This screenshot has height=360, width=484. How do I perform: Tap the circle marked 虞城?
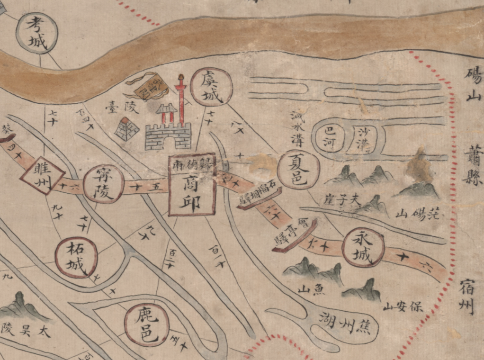pos(211,87)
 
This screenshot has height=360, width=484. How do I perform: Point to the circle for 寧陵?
pos(103,184)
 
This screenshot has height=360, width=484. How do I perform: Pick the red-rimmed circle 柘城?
pos(76,257)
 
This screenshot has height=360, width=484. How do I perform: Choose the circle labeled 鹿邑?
pos(146,324)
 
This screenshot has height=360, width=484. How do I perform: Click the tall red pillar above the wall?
pos(181,99)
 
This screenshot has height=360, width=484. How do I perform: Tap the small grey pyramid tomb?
pos(126,129)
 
